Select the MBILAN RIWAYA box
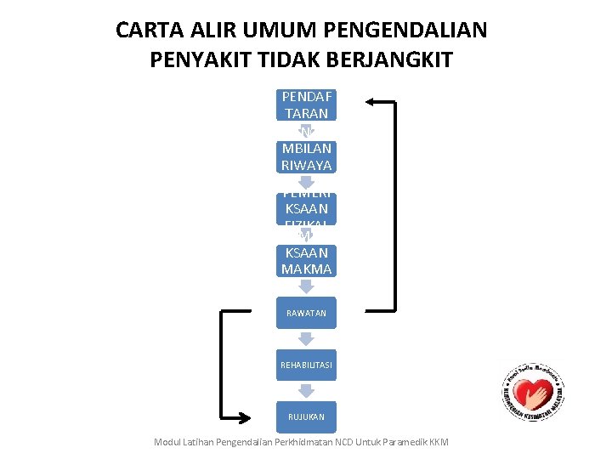coord(306,157)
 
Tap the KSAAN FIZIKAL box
coord(306,209)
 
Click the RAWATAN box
coord(306,313)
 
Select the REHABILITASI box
coord(306,365)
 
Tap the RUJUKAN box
coord(306,416)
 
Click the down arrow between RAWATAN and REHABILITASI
coord(306,339)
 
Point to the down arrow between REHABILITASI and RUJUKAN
coord(306,391)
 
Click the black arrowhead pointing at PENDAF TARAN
coord(371,102)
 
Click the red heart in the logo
coord(532,394)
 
